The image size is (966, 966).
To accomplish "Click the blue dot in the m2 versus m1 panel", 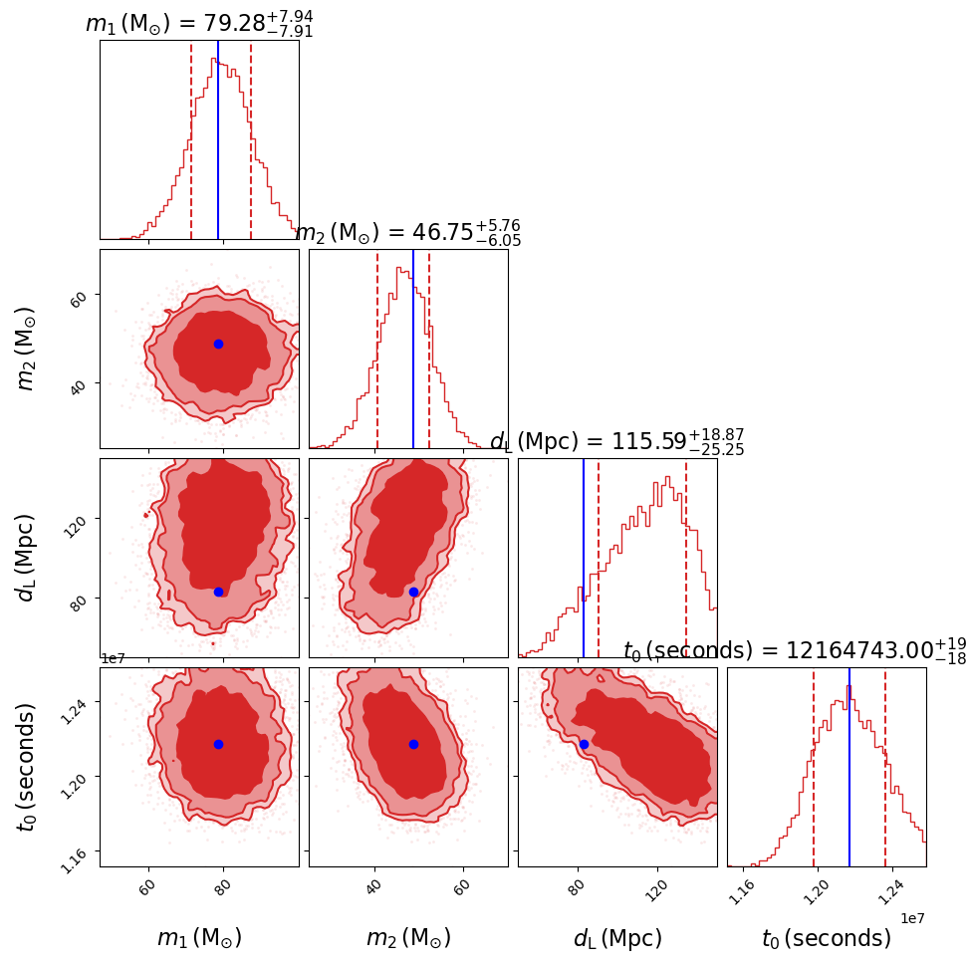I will tap(218, 344).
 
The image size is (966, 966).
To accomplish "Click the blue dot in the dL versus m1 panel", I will tap(218, 592).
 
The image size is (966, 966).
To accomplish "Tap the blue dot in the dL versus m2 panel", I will tap(413, 592).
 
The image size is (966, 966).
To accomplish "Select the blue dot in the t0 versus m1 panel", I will tap(218, 744).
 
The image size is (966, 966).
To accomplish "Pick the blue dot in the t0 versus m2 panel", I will tap(413, 744).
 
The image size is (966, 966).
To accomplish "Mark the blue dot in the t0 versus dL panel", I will tap(584, 744).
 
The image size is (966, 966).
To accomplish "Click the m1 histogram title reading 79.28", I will tap(199, 23).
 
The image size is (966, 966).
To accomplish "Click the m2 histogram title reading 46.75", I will tap(407, 233).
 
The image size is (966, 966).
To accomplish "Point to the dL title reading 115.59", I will tap(616, 442).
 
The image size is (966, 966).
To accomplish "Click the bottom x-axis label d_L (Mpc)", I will tap(617, 938).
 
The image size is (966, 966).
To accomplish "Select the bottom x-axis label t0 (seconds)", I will tap(827, 938).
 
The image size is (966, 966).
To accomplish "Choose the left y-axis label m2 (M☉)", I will tap(27, 348).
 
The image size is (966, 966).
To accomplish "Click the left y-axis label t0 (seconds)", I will tap(27, 766).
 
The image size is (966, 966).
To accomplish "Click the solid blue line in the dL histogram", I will tap(584, 558).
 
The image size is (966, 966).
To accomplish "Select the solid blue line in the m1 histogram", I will tap(218, 139).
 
